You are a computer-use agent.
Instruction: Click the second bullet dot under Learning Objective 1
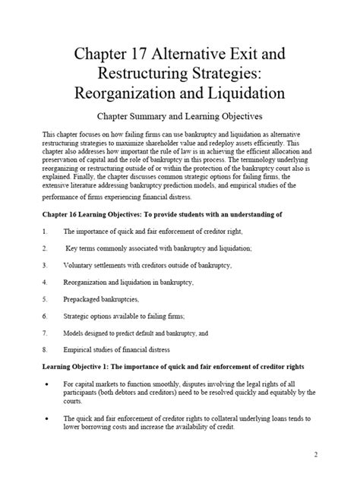point(47,418)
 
